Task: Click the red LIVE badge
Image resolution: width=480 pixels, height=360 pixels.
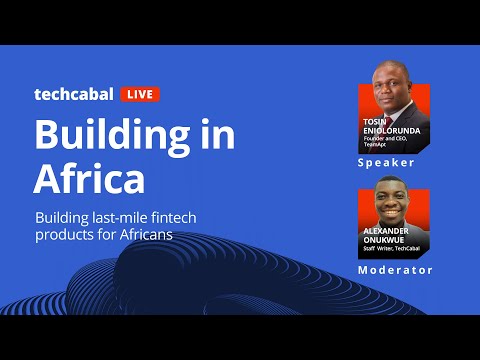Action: [x=140, y=95]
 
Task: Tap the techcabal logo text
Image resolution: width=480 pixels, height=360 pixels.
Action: [x=74, y=95]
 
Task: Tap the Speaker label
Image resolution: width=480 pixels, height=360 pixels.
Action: [x=386, y=162]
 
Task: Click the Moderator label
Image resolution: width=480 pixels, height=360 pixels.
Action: [x=395, y=270]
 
